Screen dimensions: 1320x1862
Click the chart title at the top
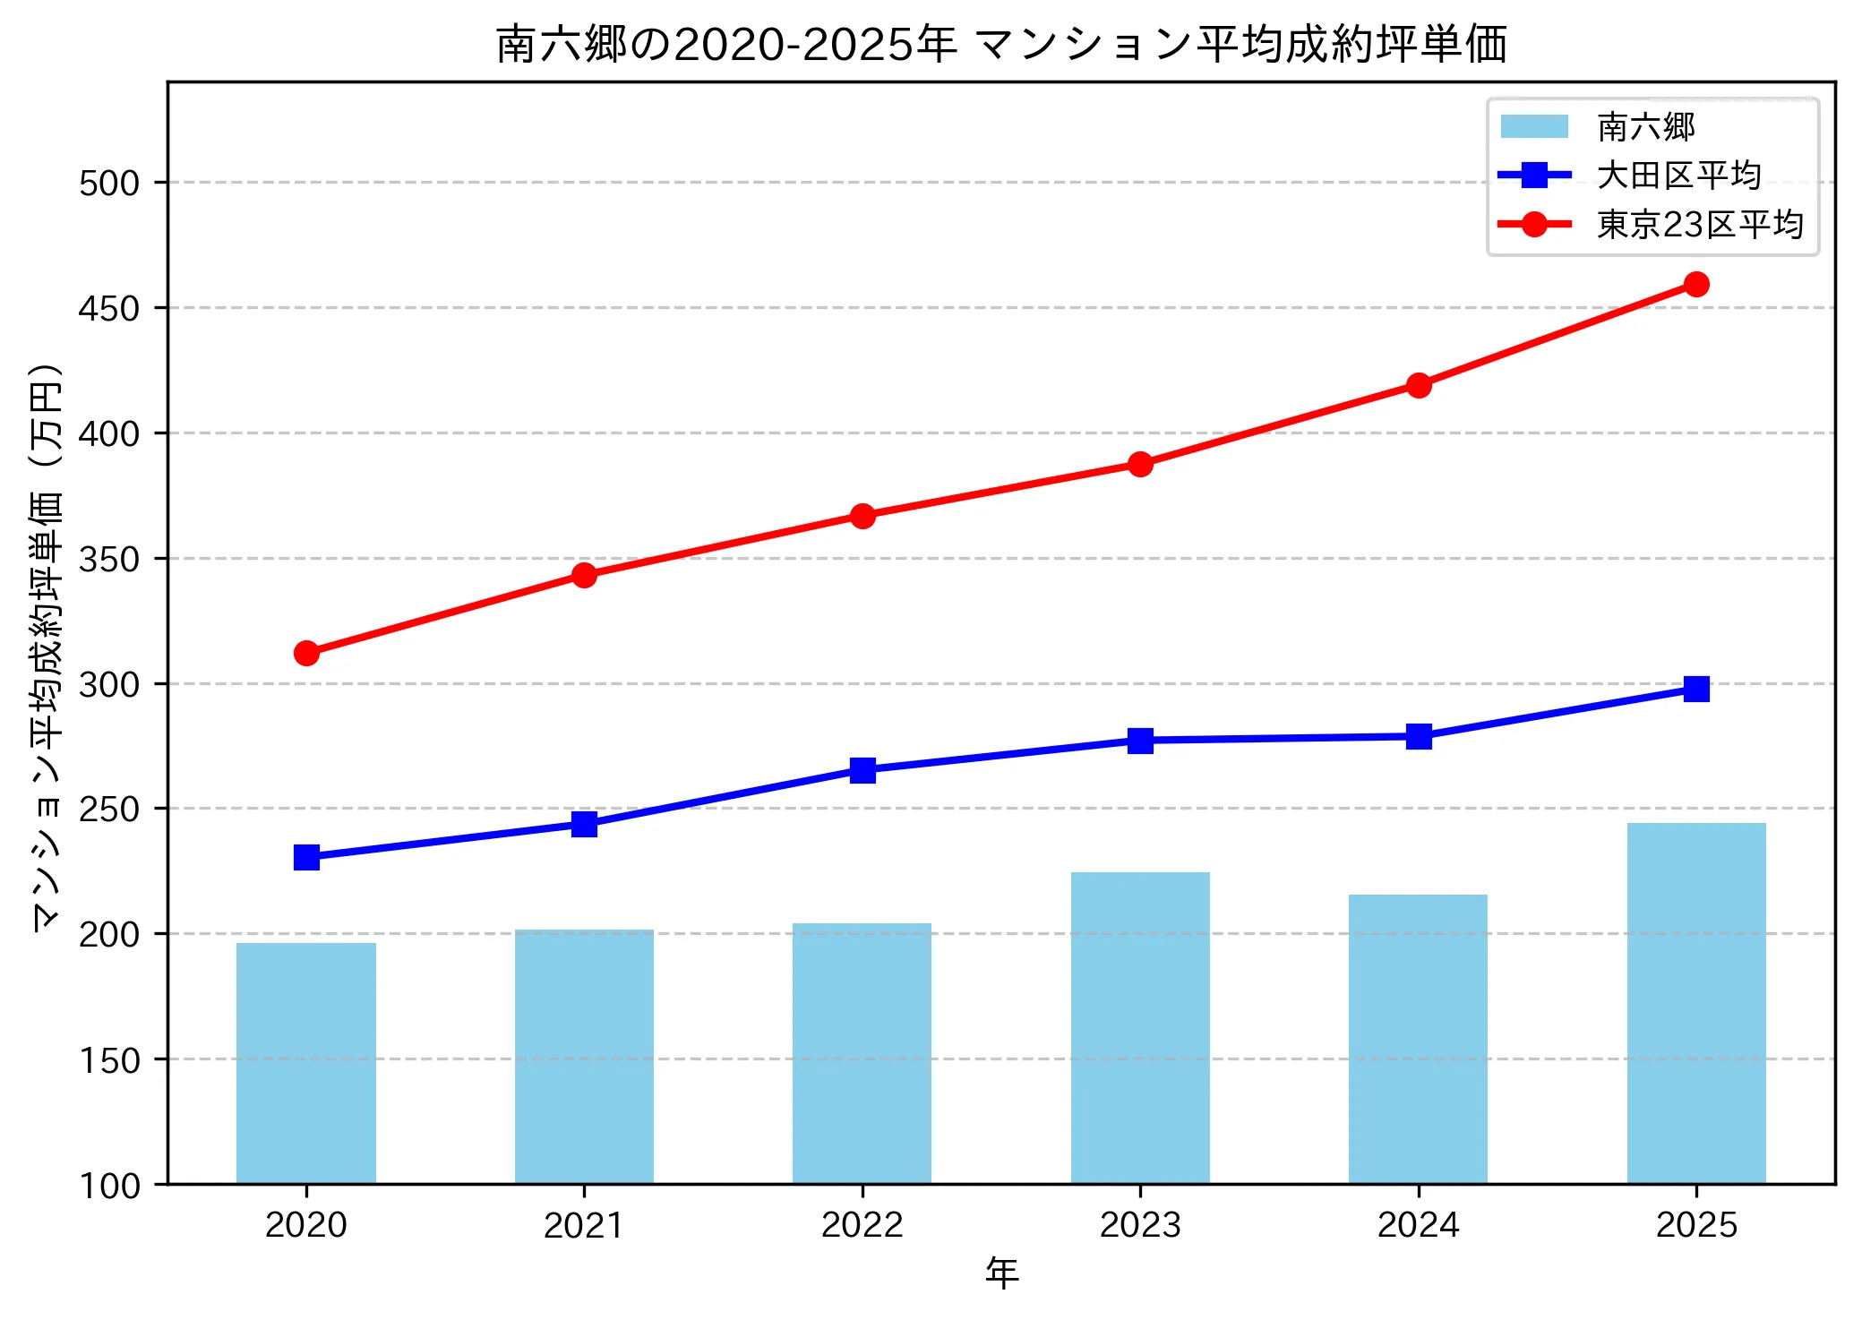tap(1001, 45)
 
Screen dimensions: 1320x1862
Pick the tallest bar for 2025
tap(1695, 1003)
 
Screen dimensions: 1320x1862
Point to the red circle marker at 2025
tap(1695, 285)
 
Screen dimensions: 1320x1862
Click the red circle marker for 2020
tap(306, 653)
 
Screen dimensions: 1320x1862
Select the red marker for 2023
tap(1140, 464)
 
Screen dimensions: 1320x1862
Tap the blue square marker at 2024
tap(1418, 737)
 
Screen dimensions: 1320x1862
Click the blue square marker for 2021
tap(584, 824)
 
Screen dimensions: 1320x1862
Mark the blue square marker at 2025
tap(1695, 689)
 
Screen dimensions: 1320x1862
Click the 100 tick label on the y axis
tap(109, 1186)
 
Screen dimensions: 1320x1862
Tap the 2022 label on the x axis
tap(862, 1225)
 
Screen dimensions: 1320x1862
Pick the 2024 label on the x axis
tap(1418, 1225)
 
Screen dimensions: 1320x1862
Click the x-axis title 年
tap(1001, 1273)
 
